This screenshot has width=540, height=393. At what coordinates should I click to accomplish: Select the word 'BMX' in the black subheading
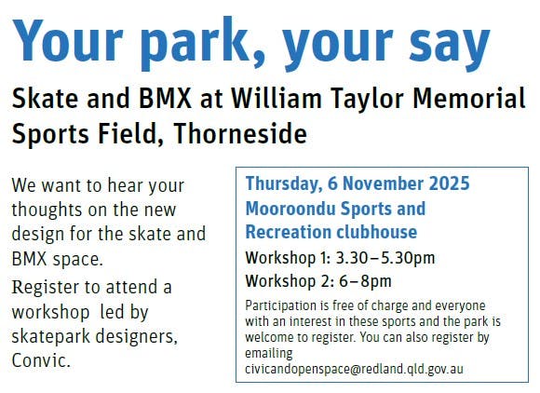(x=164, y=98)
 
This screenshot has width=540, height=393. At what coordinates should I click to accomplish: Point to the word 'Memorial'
(x=469, y=98)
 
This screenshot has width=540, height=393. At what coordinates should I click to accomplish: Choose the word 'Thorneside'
(x=240, y=133)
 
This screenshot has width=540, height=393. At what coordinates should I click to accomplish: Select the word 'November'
(x=383, y=183)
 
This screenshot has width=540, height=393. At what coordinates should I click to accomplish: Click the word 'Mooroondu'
(x=290, y=209)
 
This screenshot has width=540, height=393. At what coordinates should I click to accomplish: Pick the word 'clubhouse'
(x=376, y=232)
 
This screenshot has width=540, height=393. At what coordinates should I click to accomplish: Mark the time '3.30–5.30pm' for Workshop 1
(x=385, y=258)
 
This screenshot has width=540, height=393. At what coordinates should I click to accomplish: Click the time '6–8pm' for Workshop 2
(x=365, y=281)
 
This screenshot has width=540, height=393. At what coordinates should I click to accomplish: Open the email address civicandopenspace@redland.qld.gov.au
(x=354, y=369)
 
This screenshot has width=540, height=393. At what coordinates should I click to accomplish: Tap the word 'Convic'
(x=41, y=360)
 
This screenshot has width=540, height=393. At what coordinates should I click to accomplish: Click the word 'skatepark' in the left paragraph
(x=51, y=337)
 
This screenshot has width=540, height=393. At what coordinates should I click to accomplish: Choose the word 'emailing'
(x=269, y=354)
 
